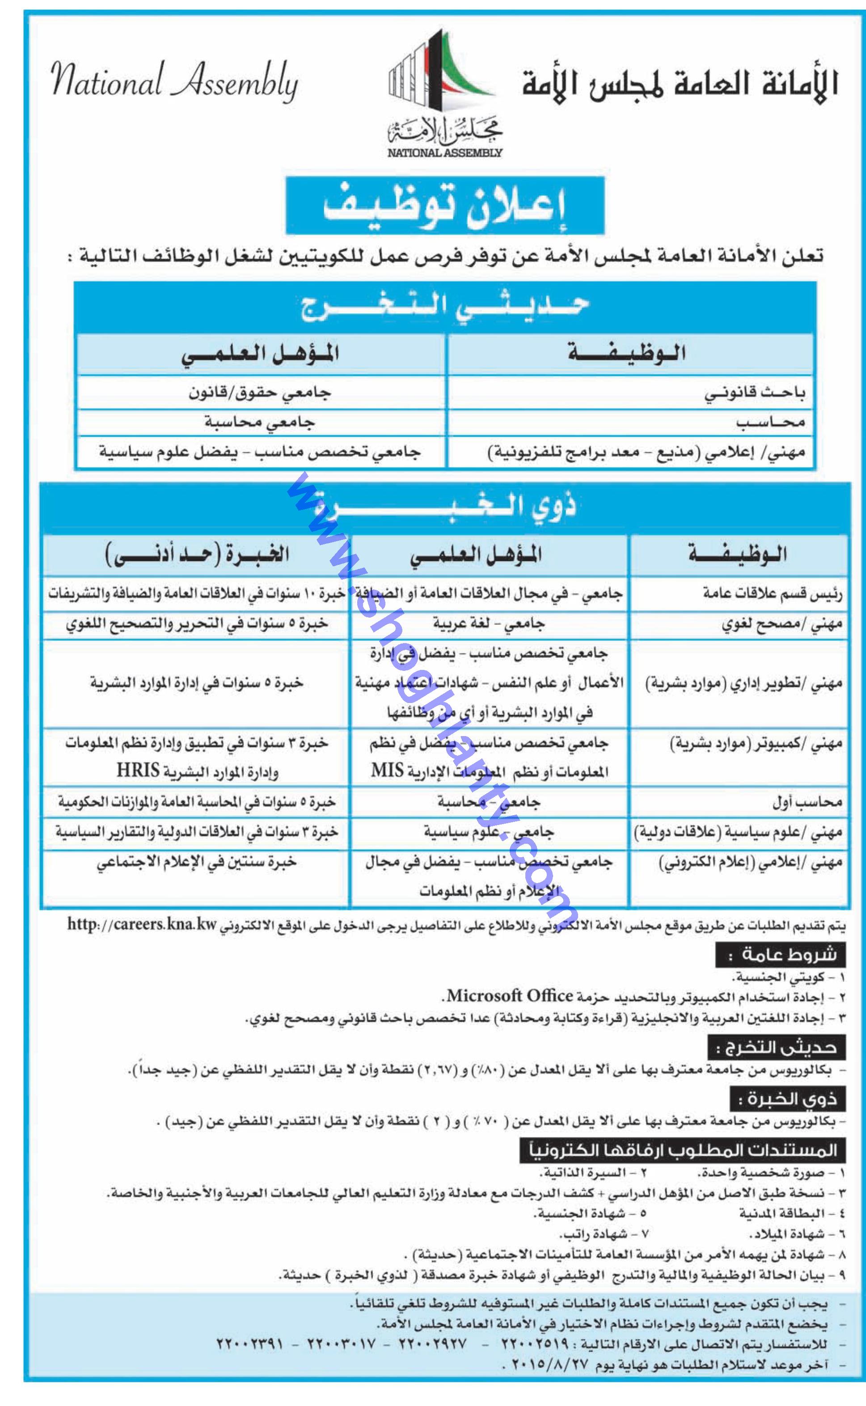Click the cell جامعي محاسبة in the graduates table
point(261,422)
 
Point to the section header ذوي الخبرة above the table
point(444,505)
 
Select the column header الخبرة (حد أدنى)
point(198,555)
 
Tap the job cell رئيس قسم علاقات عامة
point(773,594)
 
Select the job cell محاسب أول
point(807,802)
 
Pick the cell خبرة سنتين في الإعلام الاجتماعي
point(196,862)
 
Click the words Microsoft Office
point(510,996)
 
